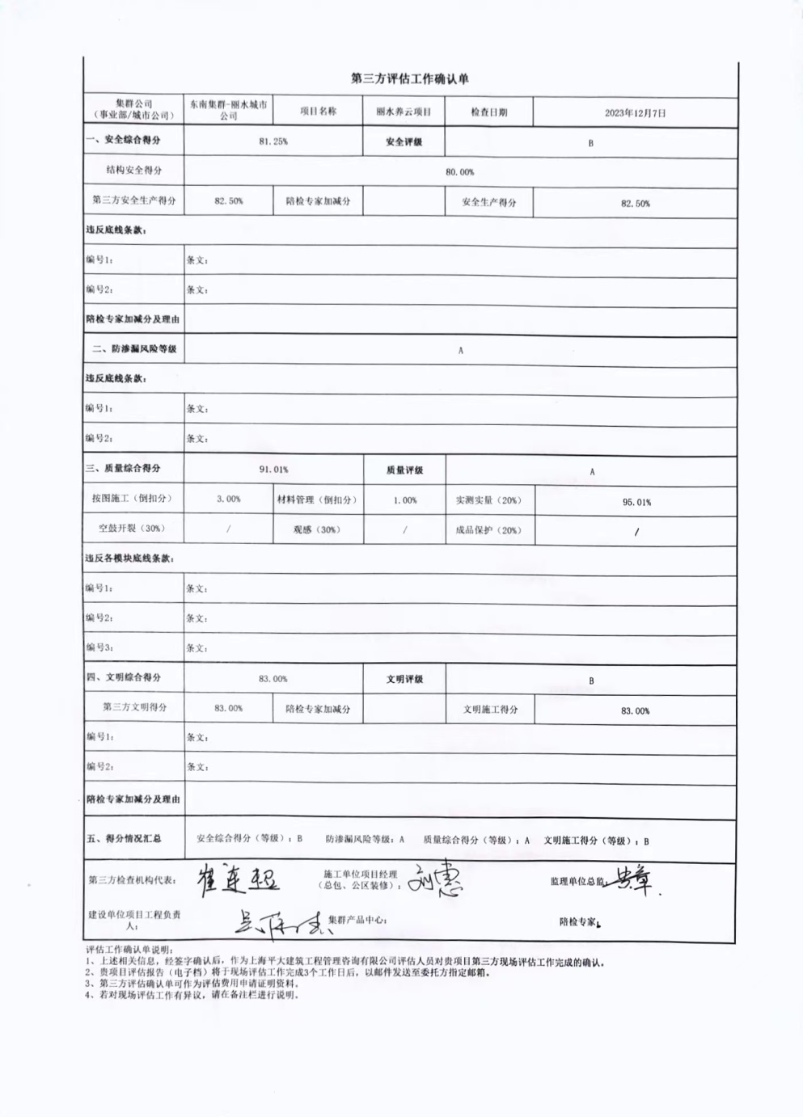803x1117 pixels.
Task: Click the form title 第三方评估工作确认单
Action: click(409, 79)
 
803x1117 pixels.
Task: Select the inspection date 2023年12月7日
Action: click(635, 113)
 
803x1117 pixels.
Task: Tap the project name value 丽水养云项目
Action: click(404, 112)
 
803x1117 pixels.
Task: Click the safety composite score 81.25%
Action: click(273, 141)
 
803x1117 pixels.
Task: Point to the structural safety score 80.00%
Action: click(460, 172)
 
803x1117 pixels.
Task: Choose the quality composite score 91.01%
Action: click(273, 470)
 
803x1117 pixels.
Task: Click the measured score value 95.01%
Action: click(636, 502)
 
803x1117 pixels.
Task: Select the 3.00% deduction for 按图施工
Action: click(228, 499)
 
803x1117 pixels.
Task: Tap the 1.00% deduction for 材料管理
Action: click(405, 500)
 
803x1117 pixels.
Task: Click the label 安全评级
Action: click(404, 142)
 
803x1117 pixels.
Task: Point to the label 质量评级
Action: click(404, 470)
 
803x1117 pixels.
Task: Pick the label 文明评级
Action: click(404, 680)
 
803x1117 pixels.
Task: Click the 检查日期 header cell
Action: click(488, 112)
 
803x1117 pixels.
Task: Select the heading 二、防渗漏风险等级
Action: click(134, 349)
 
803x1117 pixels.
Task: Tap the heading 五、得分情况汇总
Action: click(124, 839)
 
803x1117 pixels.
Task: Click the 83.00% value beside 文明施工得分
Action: click(635, 711)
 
